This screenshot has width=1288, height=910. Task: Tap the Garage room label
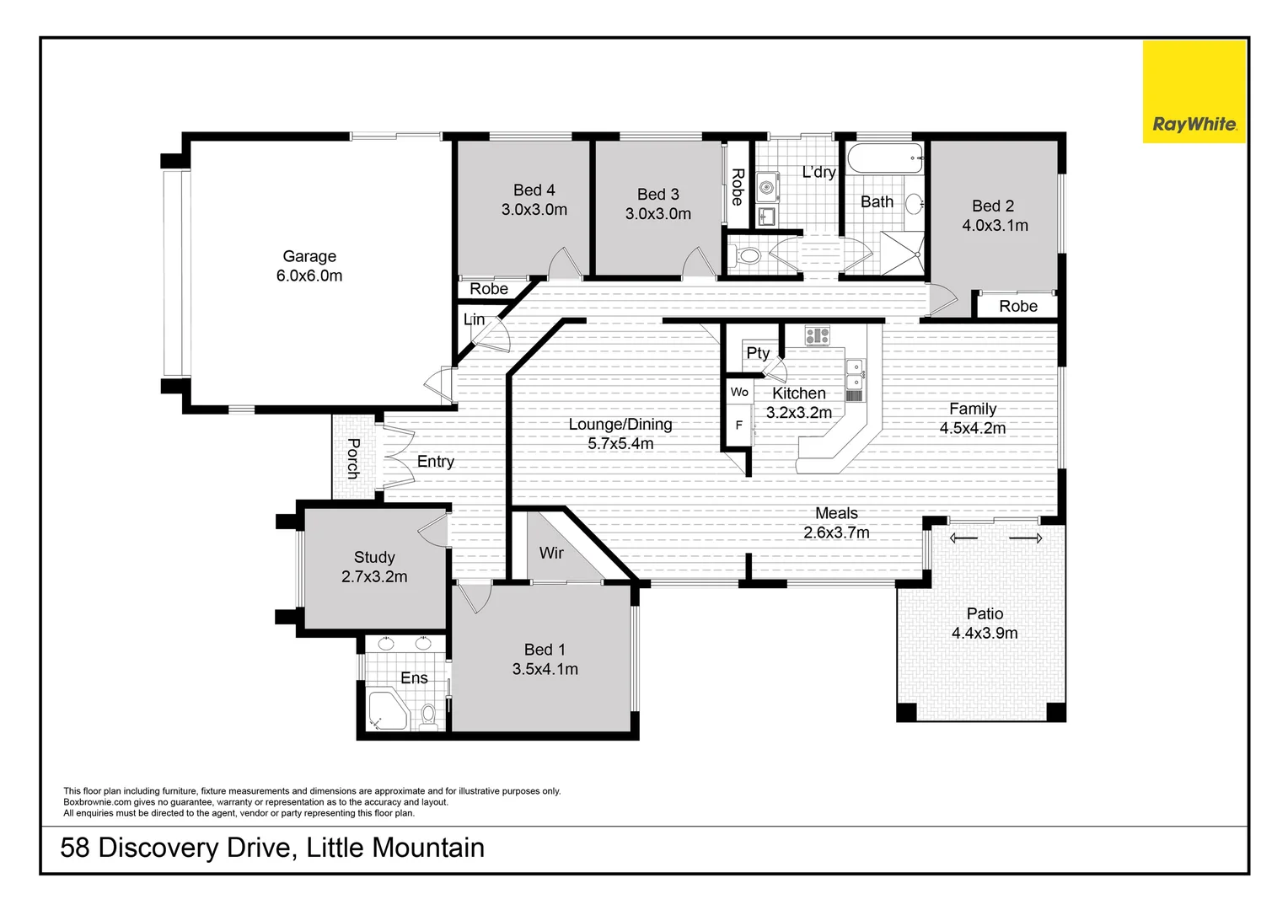[309, 256]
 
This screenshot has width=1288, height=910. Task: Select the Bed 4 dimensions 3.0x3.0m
[534, 210]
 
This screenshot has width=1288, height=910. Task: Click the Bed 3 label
[657, 195]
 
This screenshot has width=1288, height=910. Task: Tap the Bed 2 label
[992, 206]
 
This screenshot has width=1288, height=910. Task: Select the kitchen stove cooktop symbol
[817, 336]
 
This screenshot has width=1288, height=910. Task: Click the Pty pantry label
[757, 353]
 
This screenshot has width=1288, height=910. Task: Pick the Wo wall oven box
[739, 392]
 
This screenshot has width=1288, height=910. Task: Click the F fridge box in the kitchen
[739, 426]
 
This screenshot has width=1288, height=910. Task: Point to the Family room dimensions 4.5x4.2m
[973, 428]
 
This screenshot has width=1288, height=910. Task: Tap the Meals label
[836, 513]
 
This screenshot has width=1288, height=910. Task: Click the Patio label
[985, 613]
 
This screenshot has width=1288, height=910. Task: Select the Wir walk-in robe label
[551, 553]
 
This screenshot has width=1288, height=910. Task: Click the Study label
[374, 557]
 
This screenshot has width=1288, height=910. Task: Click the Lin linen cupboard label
[474, 319]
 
